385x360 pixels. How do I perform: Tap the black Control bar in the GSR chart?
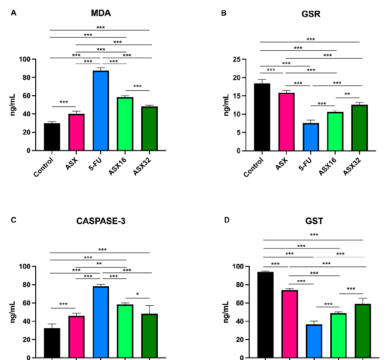point(262,117)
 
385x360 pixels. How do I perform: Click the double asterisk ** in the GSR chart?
point(347,94)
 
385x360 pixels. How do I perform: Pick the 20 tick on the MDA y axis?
point(27,132)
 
